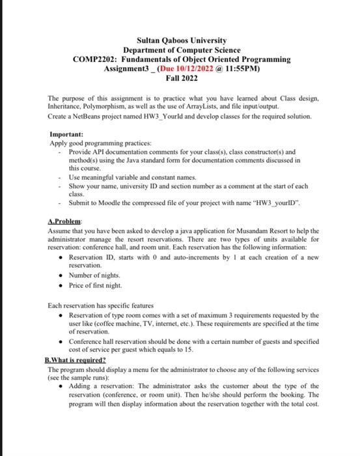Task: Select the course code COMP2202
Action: (x=96, y=59)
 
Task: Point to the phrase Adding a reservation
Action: (x=100, y=386)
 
